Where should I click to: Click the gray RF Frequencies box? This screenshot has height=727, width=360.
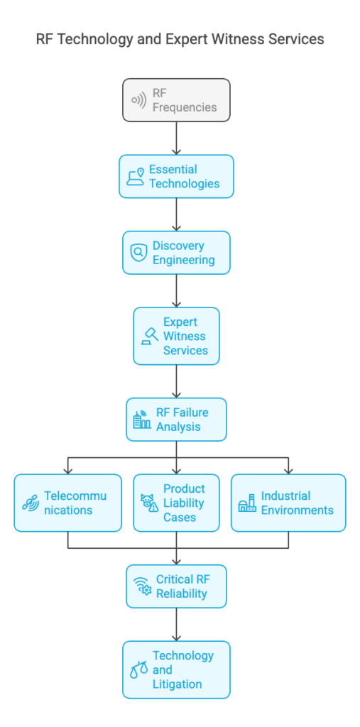pyautogui.click(x=176, y=100)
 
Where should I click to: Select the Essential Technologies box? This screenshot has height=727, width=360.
pyautogui.click(x=176, y=176)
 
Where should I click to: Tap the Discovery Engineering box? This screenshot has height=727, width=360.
pyautogui.click(x=176, y=253)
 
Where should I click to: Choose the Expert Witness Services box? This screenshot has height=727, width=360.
pyautogui.click(x=176, y=336)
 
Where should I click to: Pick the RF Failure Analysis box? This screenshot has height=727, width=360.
pyautogui.click(x=176, y=419)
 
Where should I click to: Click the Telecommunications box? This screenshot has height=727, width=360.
pyautogui.click(x=67, y=503)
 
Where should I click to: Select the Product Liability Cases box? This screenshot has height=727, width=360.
pyautogui.click(x=176, y=503)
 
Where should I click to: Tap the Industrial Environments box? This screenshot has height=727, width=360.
pyautogui.click(x=288, y=503)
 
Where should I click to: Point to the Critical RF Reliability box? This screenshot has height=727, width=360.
pyautogui.click(x=176, y=586)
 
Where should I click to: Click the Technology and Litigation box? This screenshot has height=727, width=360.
pyautogui.click(x=176, y=669)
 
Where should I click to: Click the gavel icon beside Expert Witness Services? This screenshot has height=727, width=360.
pyautogui.click(x=149, y=336)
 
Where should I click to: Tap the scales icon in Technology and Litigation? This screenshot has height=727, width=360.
pyautogui.click(x=138, y=669)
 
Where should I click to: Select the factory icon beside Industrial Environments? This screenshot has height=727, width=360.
pyautogui.click(x=247, y=503)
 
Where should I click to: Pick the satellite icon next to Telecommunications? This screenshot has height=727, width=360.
pyautogui.click(x=31, y=503)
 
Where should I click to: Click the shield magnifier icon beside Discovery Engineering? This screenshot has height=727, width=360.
pyautogui.click(x=138, y=253)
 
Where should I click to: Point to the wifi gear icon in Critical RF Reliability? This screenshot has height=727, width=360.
pyautogui.click(x=143, y=586)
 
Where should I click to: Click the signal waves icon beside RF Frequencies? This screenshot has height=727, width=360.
pyautogui.click(x=138, y=100)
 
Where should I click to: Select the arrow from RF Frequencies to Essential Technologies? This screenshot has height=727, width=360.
pyautogui.click(x=176, y=138)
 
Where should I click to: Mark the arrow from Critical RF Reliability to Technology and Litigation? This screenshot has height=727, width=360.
pyautogui.click(x=176, y=625)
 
